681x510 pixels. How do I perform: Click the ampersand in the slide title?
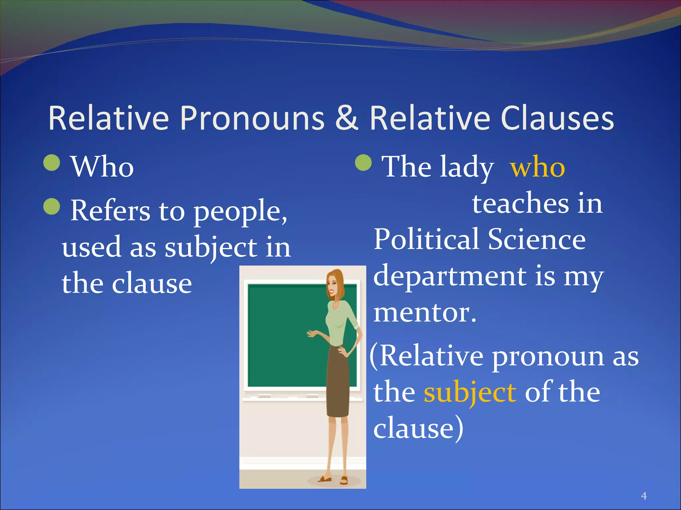347,119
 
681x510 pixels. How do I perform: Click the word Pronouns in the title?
252,119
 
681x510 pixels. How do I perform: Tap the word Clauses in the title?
557,119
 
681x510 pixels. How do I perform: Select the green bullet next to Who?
52,163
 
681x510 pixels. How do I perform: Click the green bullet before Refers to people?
52,207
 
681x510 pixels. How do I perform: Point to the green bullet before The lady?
363,163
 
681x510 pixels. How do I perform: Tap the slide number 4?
644,496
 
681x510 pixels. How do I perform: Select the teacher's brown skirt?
338,382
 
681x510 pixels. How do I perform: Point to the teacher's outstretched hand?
312,333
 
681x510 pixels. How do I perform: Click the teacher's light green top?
339,322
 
